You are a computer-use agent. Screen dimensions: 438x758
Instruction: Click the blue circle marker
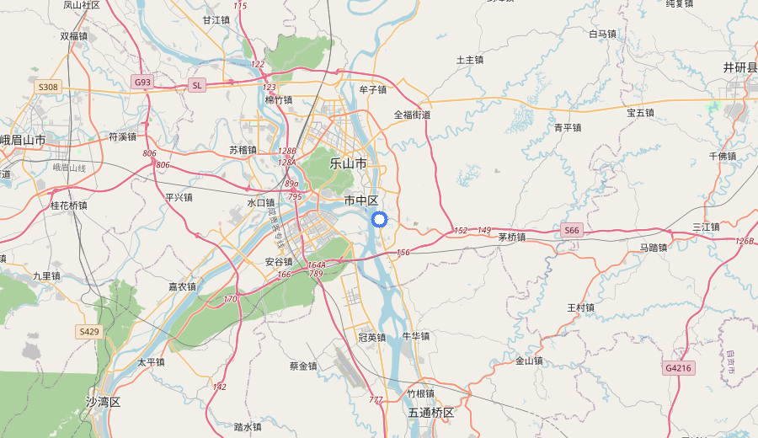tap(379, 220)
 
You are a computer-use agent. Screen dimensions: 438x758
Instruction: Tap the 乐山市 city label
tap(348, 163)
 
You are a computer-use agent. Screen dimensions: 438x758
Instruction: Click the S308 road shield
tap(48, 87)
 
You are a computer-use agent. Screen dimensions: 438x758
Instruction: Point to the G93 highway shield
tap(142, 82)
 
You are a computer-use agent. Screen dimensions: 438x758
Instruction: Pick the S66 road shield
tap(572, 230)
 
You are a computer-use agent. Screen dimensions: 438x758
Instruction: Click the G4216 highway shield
tap(677, 368)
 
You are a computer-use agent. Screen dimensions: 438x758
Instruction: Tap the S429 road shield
tap(88, 332)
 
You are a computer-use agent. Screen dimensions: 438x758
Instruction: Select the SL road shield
tap(197, 85)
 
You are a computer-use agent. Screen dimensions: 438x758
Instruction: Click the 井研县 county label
tap(740, 67)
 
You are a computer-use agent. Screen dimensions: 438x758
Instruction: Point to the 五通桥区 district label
tap(431, 413)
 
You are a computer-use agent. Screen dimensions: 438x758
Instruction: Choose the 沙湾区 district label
tap(104, 402)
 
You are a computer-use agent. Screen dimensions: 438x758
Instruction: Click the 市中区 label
tap(361, 200)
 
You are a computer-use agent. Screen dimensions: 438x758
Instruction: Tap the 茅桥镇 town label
tap(511, 238)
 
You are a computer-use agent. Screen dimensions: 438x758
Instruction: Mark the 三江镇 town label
tap(706, 227)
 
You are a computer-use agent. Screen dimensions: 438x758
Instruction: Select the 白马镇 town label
tap(602, 35)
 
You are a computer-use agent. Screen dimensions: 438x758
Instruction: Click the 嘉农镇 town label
tap(182, 286)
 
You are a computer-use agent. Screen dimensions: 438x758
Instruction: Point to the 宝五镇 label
tap(640, 112)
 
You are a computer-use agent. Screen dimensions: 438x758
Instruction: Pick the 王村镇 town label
tap(581, 307)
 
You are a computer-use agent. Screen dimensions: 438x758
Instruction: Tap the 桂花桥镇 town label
tap(69, 205)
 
